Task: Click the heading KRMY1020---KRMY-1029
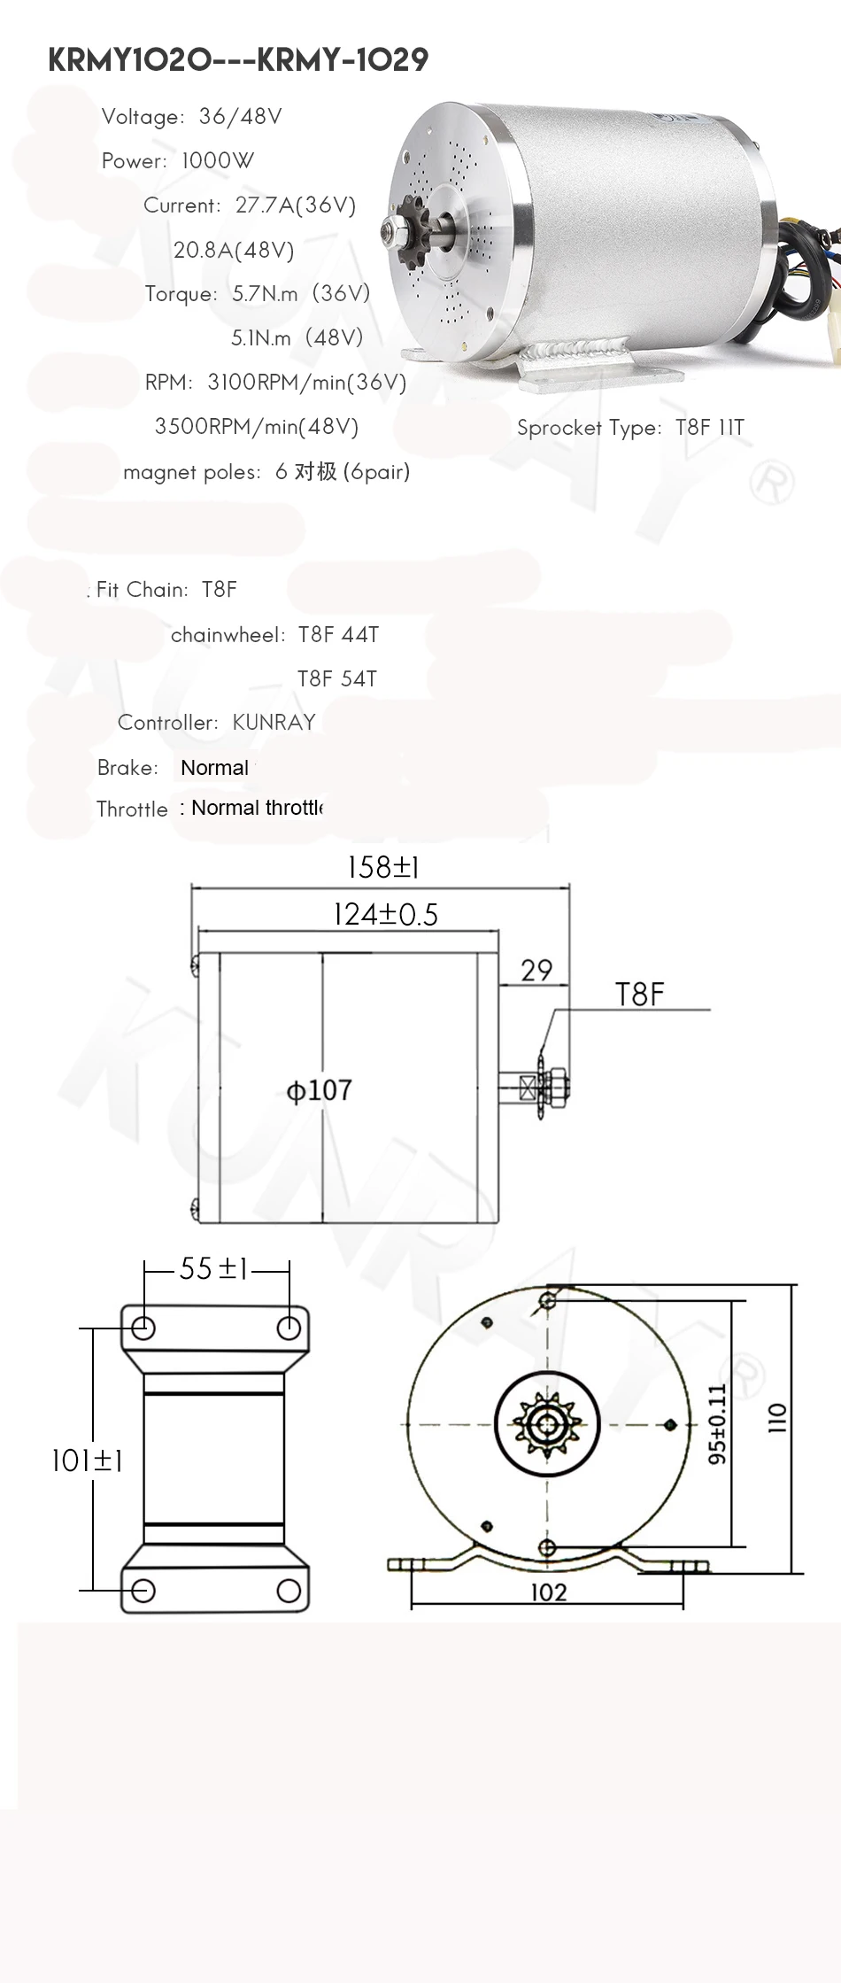(238, 60)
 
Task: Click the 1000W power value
(217, 160)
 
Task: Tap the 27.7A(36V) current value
(296, 205)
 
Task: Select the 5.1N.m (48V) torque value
(297, 337)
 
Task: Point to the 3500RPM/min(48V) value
(257, 427)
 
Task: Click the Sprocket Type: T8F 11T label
(630, 428)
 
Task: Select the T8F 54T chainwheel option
(337, 678)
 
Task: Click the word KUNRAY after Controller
(274, 723)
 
